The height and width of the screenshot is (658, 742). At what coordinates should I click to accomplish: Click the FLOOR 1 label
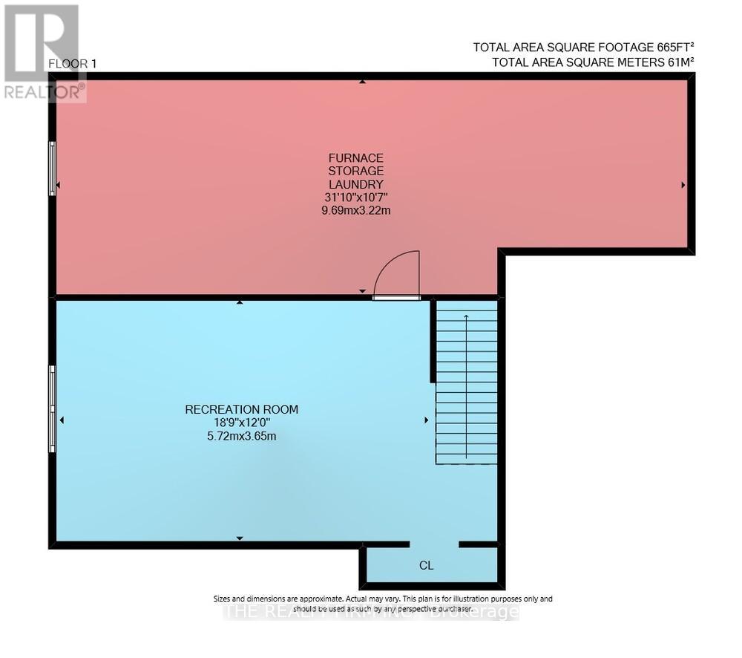[x=73, y=64]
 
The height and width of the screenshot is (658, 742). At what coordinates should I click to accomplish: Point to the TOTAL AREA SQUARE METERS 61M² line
[x=593, y=62]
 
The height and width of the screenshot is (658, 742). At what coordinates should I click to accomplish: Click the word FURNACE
[x=356, y=157]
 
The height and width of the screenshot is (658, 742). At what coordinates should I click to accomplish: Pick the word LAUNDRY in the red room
[x=356, y=183]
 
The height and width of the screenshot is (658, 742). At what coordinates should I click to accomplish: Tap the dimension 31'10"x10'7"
[x=356, y=197]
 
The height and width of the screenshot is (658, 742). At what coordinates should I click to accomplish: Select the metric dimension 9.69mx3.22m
[x=356, y=210]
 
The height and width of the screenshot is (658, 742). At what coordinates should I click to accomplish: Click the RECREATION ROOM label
[x=242, y=409]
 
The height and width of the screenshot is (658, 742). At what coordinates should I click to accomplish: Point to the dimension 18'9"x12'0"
[x=242, y=423]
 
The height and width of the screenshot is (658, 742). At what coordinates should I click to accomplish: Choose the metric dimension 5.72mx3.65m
[x=242, y=436]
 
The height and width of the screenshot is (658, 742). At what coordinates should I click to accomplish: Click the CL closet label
[x=426, y=565]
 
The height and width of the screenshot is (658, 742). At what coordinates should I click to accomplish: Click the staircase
[x=466, y=382]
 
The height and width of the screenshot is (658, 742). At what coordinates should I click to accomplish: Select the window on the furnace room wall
[x=52, y=169]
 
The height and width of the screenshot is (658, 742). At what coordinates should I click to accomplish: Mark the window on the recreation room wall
[x=52, y=408]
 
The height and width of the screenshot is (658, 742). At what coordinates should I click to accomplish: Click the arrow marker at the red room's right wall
[x=683, y=185]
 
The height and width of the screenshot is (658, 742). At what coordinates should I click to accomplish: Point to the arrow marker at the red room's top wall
[x=362, y=82]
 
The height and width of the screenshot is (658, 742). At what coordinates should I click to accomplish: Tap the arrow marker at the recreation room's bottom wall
[x=239, y=538]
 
